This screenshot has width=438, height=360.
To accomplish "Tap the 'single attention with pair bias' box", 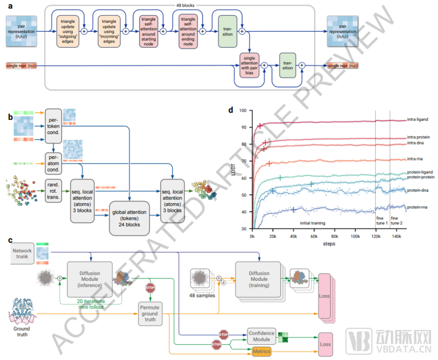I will point(249,66).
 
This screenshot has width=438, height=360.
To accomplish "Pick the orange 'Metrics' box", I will point(262,351).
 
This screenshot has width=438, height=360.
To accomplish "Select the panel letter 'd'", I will point(230,109).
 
